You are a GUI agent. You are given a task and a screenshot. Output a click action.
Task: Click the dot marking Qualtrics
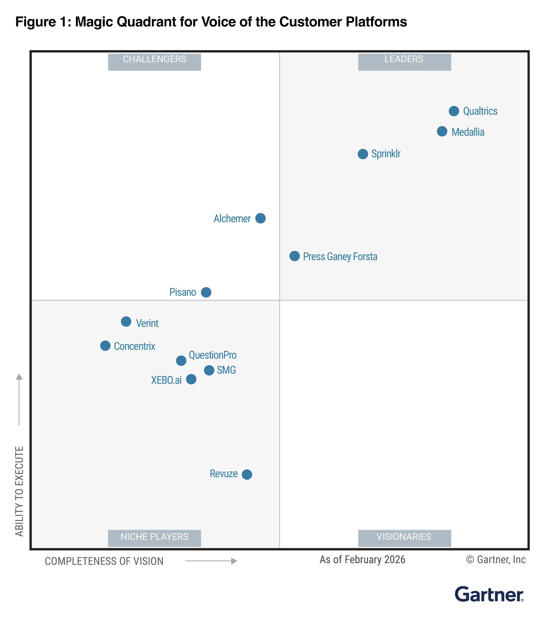(454, 111)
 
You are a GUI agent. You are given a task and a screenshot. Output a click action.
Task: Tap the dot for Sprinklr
(363, 154)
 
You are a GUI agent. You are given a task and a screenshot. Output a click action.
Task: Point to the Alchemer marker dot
(260, 218)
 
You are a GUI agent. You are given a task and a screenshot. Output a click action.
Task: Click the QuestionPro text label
(212, 355)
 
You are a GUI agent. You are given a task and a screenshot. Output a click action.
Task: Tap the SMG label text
(226, 370)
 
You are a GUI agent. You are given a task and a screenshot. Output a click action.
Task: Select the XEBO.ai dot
(191, 379)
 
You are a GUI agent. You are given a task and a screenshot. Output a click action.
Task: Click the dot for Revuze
(247, 474)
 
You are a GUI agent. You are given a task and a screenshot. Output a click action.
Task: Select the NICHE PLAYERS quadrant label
(154, 537)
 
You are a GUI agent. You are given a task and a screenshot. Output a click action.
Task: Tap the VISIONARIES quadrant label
(404, 537)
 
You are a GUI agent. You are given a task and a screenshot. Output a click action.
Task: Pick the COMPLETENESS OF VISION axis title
(104, 561)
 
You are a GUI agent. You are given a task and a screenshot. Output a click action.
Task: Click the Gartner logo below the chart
(489, 594)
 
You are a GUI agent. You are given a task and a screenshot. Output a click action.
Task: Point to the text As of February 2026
(362, 560)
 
